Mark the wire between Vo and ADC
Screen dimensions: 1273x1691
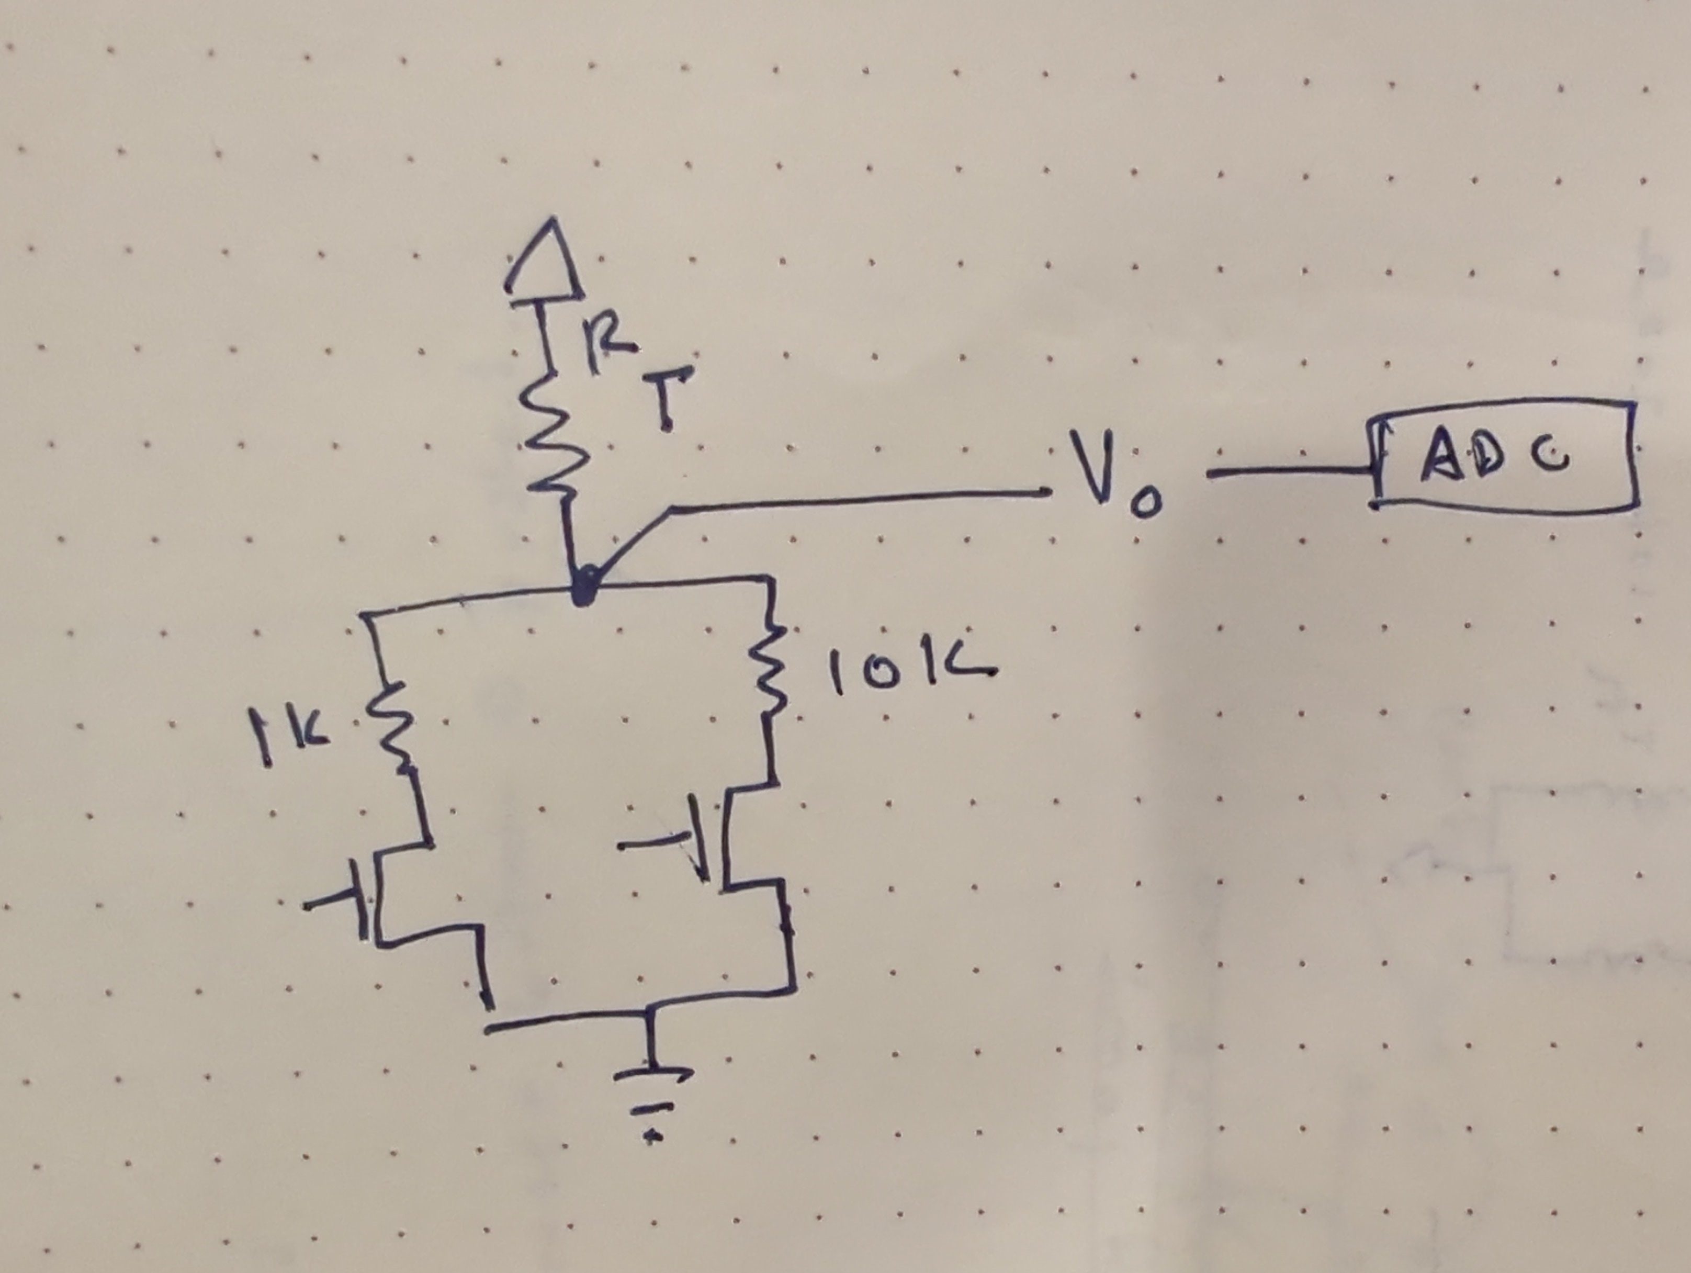click(1288, 474)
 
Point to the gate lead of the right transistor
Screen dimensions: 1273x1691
click(650, 844)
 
